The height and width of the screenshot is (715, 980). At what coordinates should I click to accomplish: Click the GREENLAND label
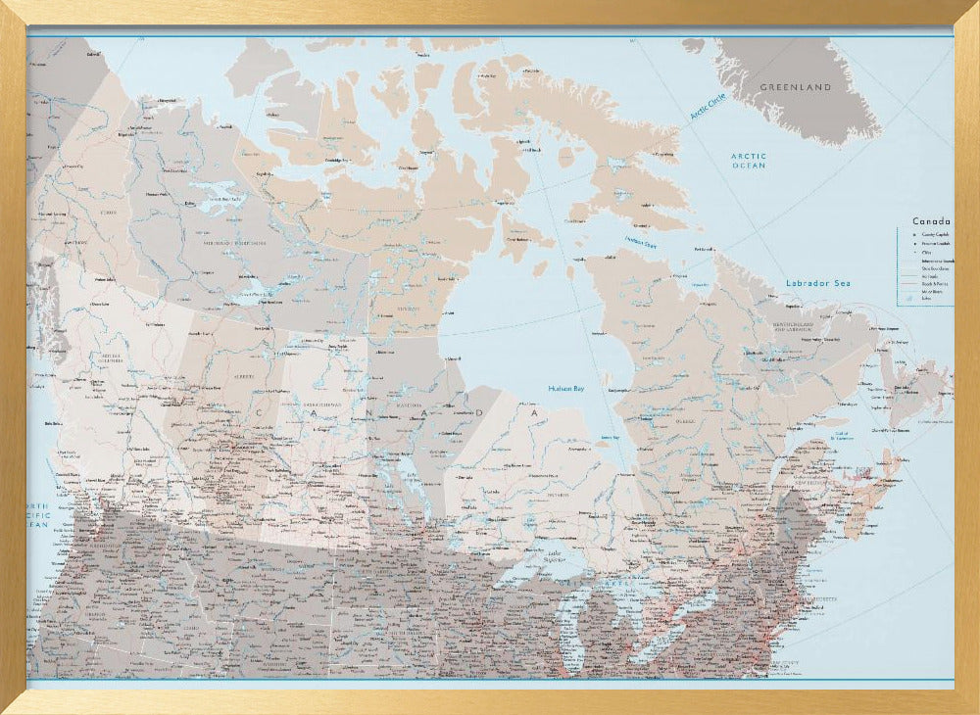click(x=795, y=87)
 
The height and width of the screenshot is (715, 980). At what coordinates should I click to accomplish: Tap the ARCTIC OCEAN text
click(x=749, y=162)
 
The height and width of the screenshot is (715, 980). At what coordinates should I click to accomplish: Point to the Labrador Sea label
click(x=817, y=284)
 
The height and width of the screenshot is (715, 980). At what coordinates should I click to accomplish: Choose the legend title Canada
click(x=931, y=221)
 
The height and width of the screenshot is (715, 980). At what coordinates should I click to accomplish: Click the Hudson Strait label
click(x=642, y=242)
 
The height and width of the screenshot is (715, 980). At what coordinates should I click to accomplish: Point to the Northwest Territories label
click(x=235, y=242)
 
